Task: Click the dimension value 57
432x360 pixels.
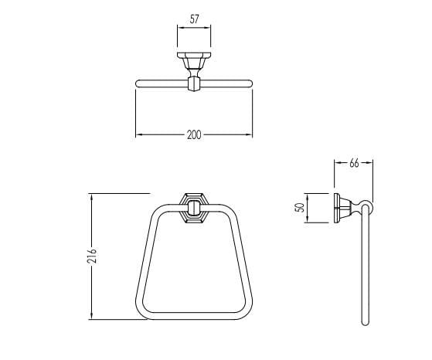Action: pyautogui.click(x=194, y=19)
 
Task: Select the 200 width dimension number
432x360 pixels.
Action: pyautogui.click(x=194, y=134)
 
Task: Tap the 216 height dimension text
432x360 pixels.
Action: pyautogui.click(x=92, y=256)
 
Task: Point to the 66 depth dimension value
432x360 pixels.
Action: pyautogui.click(x=354, y=163)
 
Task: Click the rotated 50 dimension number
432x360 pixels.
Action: pyautogui.click(x=300, y=207)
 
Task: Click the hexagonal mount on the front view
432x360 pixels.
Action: pyautogui.click(x=194, y=208)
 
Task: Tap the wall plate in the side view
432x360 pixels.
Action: pyautogui.click(x=337, y=208)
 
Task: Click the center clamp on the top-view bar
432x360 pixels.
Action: pyautogui.click(x=194, y=83)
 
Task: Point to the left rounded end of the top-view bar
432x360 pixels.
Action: pyautogui.click(x=138, y=83)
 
